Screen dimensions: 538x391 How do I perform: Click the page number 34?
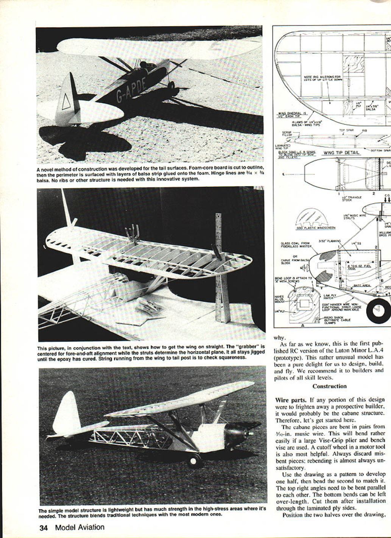44,527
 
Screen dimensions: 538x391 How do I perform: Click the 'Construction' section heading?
329,386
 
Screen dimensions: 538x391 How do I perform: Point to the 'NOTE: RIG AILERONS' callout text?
322,78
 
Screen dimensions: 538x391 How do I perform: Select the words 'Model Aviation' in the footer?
79,527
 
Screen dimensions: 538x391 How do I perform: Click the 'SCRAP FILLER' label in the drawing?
287,134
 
